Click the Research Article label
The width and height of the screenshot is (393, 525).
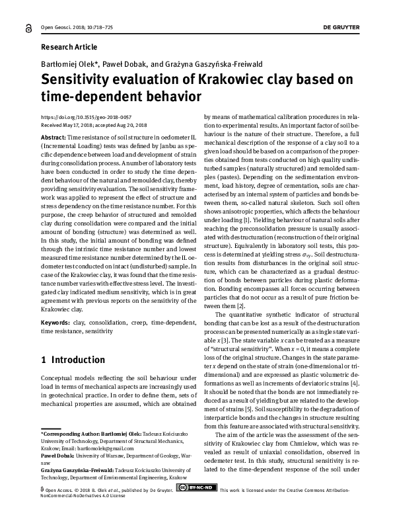[x=69, y=47]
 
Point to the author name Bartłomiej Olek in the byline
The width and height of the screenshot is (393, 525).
[x=67, y=64]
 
